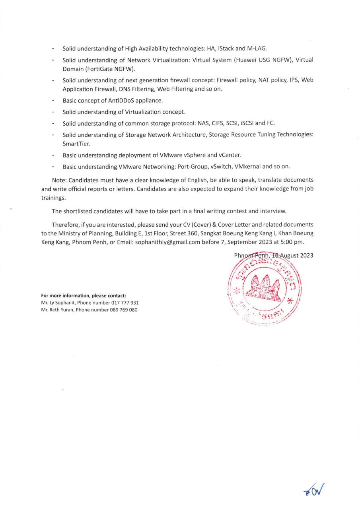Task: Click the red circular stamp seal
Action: coord(264,290)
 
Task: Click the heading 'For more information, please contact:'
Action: coord(84,295)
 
